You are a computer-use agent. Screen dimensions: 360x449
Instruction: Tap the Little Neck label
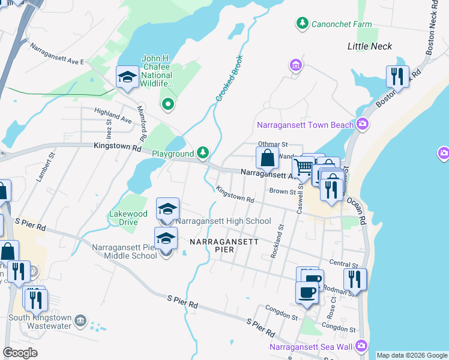(370, 46)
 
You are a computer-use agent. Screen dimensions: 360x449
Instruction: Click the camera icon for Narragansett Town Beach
(362, 125)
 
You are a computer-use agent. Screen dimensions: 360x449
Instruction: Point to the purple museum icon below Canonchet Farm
(295, 65)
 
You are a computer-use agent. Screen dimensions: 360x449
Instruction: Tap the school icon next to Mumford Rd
(127, 77)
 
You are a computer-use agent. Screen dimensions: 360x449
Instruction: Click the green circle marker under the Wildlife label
(168, 104)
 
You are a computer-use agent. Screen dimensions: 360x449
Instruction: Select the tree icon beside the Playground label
(203, 154)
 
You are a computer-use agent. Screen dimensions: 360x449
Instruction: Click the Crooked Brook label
(228, 79)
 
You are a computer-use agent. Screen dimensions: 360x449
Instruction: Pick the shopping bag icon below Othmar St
(267, 158)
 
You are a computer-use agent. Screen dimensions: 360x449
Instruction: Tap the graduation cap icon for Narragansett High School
(168, 209)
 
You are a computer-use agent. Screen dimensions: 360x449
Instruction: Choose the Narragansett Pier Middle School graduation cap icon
(166, 238)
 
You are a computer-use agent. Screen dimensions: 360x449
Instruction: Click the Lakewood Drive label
(128, 218)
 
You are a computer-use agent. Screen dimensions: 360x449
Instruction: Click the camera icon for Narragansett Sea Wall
(361, 346)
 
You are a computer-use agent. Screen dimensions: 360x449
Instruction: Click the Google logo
(20, 353)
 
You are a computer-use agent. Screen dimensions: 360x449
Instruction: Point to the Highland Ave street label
(112, 116)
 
